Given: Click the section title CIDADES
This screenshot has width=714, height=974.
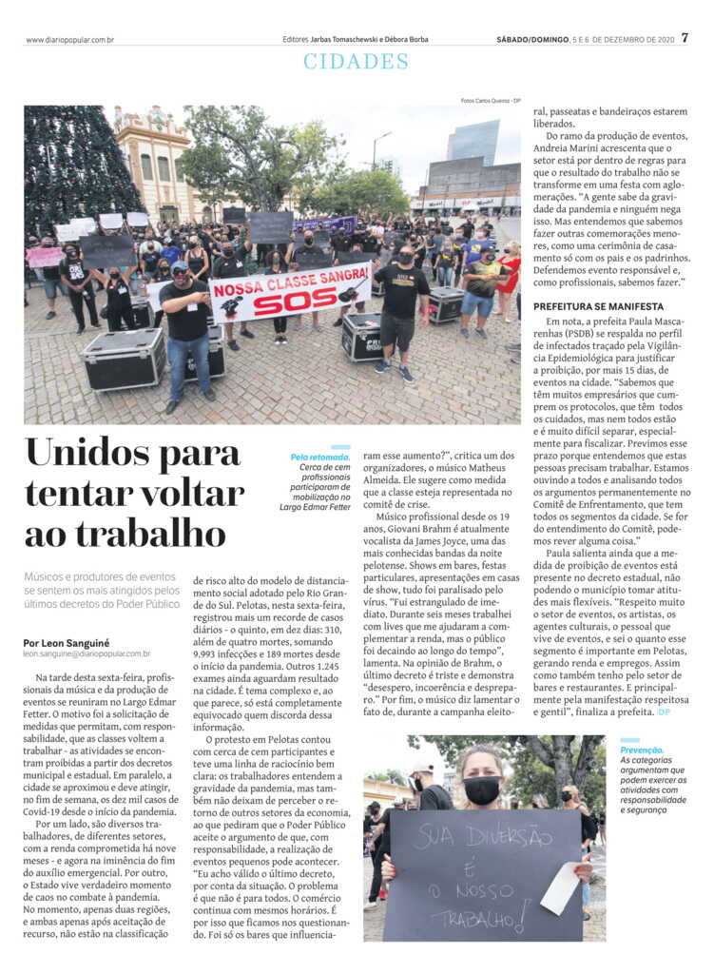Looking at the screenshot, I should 357,62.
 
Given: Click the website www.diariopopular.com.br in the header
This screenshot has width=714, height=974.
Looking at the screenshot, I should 70,40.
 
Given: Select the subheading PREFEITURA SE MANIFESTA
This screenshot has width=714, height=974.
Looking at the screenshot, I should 599,306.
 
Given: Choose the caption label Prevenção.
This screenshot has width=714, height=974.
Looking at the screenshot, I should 642,750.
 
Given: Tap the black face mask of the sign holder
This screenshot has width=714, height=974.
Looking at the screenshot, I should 482,789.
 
